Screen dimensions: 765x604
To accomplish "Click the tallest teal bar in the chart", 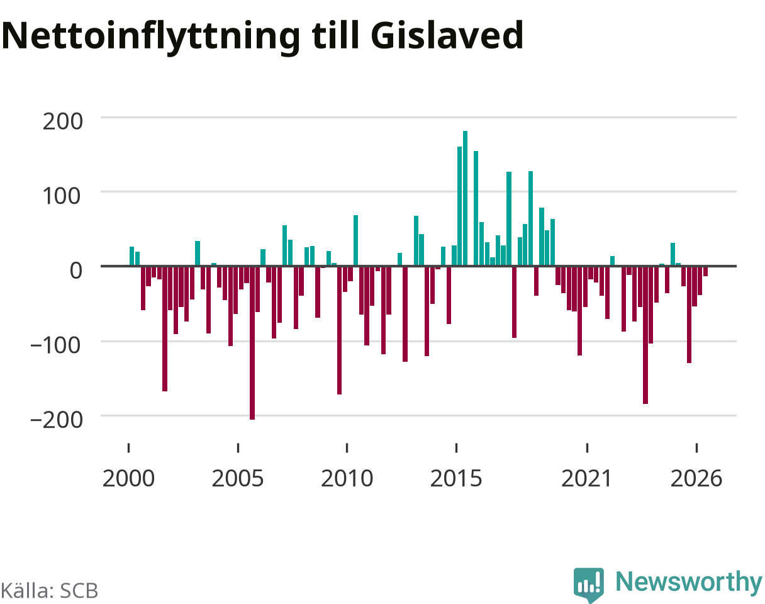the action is click(x=465, y=198).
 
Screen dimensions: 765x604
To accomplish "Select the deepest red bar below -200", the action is click(x=252, y=343).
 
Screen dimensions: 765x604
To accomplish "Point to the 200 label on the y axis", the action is click(x=62, y=121).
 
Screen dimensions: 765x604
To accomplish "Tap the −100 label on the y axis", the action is click(x=56, y=345).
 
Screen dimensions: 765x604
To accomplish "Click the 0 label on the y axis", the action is click(x=76, y=271).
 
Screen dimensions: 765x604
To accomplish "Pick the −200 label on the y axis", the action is click(x=56, y=420).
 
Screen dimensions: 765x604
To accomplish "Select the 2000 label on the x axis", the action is click(x=128, y=479).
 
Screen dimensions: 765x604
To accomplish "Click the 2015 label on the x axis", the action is click(x=456, y=479).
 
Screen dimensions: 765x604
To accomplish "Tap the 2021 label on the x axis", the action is click(x=586, y=479).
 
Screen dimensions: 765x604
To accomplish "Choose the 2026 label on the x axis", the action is click(x=696, y=479).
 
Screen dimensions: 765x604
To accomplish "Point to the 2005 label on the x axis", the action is click(x=238, y=479).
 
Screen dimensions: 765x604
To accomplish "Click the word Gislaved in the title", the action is click(x=447, y=36).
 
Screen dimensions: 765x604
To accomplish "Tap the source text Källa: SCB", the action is click(x=49, y=591).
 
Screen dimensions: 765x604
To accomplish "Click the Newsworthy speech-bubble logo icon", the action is click(x=589, y=584).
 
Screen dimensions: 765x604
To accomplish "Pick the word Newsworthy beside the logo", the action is click(x=689, y=583).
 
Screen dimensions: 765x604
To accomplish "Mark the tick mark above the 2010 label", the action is click(x=347, y=447).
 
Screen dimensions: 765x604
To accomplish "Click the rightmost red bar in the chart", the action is click(x=705, y=271).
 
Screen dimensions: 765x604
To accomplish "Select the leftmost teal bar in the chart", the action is click(x=131, y=256).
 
